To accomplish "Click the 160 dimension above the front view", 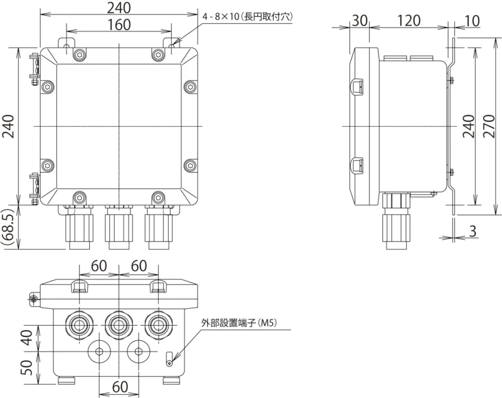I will (119, 24).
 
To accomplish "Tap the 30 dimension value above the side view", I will (360, 19).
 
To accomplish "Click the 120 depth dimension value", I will (409, 19).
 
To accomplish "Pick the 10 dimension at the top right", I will (472, 19).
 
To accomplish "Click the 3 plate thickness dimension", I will (473, 231).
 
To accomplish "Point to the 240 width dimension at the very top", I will (119, 8).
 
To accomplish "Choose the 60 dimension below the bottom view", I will (119, 385).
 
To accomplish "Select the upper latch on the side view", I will (357, 86).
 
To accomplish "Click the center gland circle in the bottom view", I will (119, 325).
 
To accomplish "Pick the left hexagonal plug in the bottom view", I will (100, 350).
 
